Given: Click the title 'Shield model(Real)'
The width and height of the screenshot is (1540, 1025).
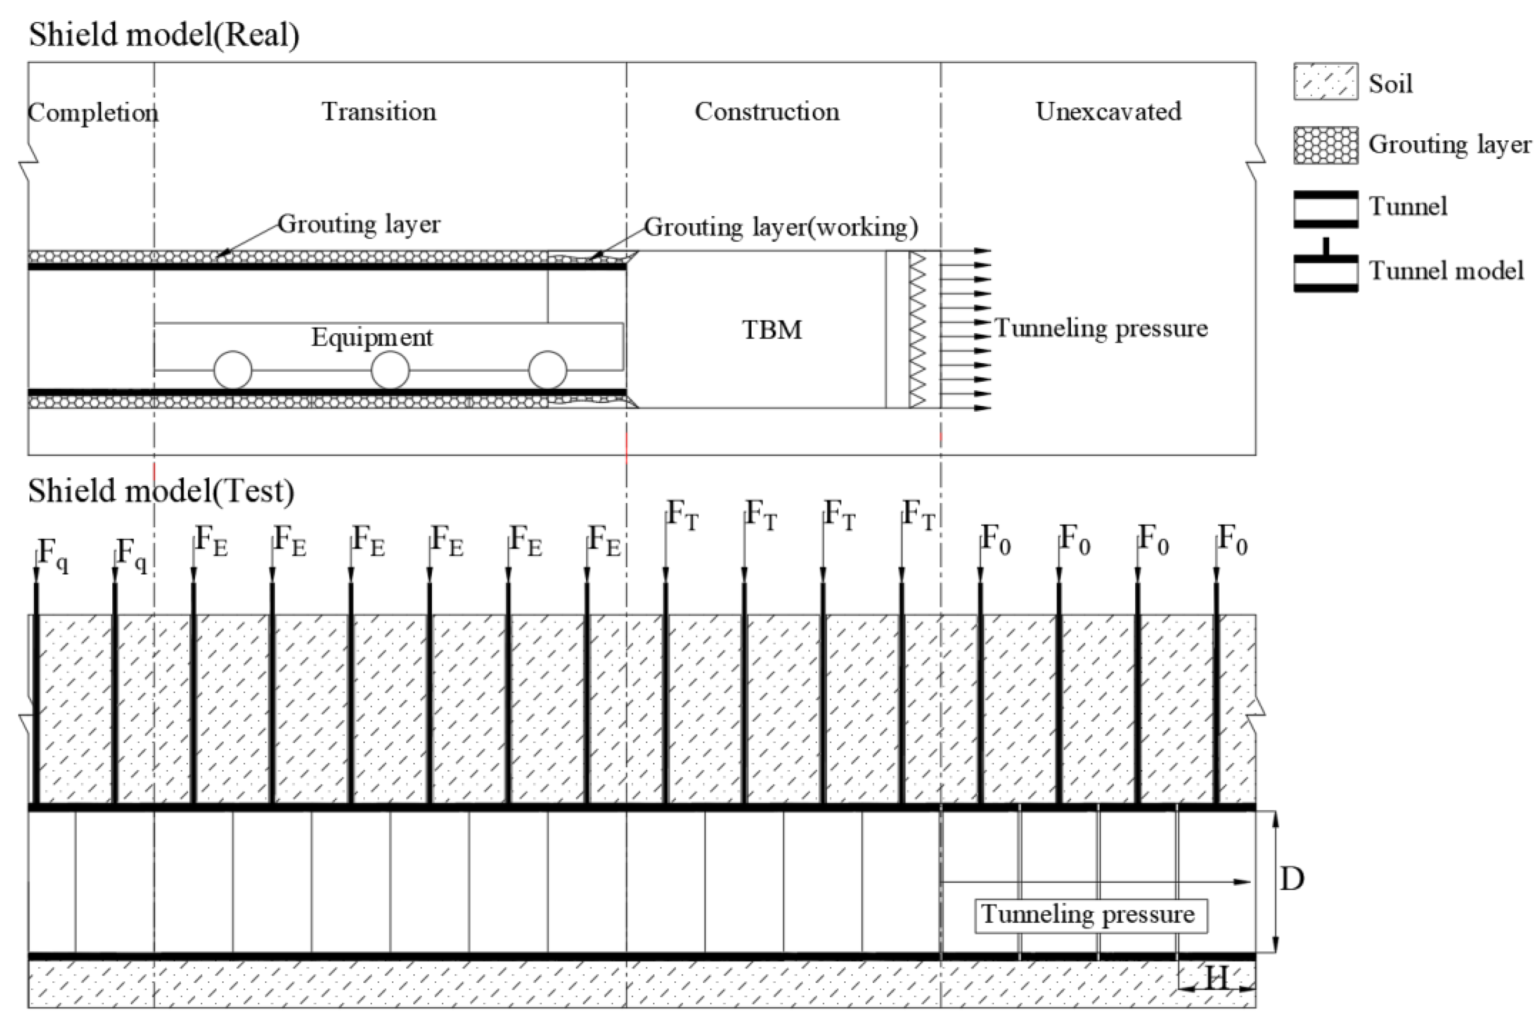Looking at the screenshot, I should (x=164, y=35).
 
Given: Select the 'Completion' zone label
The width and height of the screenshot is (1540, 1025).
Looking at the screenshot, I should (x=93, y=112).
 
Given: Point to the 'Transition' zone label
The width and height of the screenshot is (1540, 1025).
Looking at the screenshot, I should (x=379, y=112).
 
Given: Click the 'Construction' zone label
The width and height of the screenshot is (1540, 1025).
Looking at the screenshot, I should (x=767, y=112).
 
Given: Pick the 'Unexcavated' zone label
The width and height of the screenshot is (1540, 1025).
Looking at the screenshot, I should (x=1109, y=112).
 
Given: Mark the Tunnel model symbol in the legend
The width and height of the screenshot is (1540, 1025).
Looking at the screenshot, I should (x=1326, y=268).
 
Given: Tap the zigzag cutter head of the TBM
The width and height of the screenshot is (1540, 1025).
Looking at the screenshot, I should (x=918, y=329).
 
